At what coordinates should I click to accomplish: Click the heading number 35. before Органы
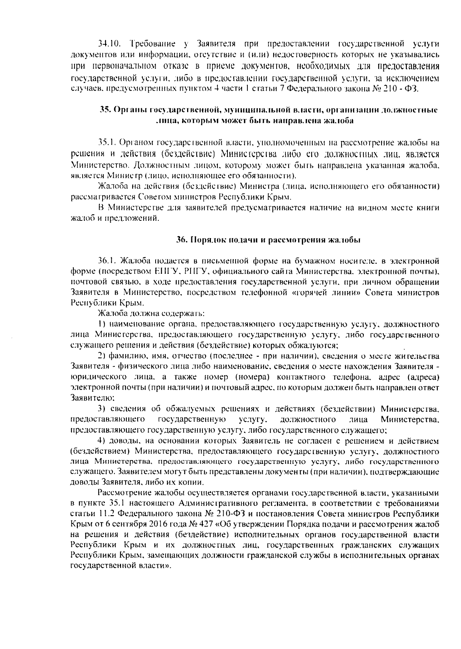(105, 110)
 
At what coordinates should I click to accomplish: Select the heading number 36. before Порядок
(181, 240)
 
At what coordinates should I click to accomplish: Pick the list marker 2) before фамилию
(102, 356)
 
